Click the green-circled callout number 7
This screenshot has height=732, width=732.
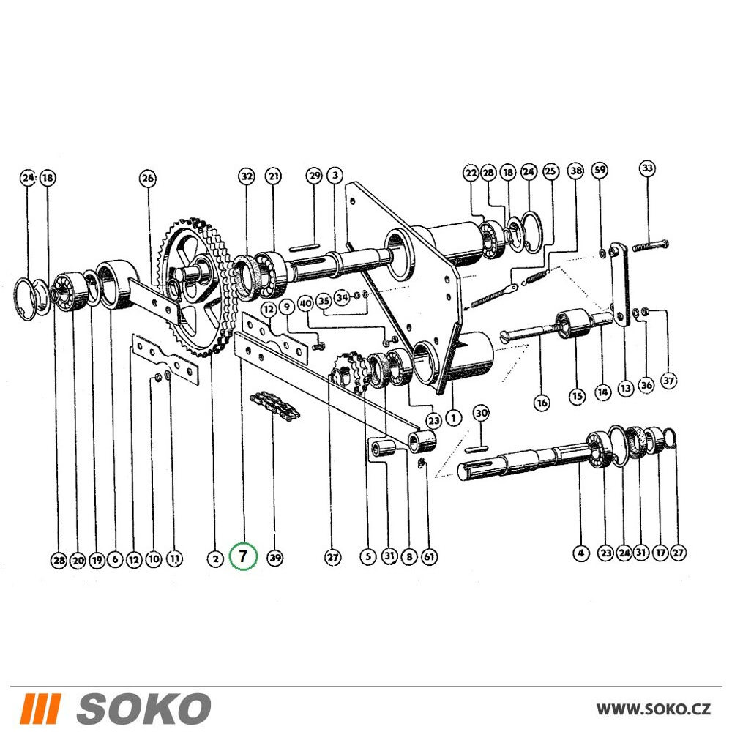point(243,556)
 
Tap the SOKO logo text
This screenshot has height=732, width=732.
point(143,709)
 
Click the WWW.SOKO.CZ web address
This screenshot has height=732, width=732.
point(654,709)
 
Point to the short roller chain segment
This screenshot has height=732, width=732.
point(275,404)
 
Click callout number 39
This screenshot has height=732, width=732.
point(275,557)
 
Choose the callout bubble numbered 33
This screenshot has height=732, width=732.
point(647,168)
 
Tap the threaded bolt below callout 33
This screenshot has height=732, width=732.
point(650,244)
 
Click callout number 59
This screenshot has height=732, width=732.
point(600,170)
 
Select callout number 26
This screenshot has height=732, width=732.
point(148,179)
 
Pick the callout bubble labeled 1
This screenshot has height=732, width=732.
point(453,417)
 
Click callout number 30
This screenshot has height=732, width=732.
point(482,413)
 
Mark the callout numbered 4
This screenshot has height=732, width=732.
point(580,553)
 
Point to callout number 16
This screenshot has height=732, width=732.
point(542,403)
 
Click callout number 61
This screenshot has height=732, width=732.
point(429,556)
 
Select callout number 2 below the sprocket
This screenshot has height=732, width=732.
point(215,559)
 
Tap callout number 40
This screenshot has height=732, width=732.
point(305,304)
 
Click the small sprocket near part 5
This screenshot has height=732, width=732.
point(348,370)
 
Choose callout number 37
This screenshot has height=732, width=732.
point(668,381)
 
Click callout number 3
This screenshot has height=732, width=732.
point(335,176)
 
